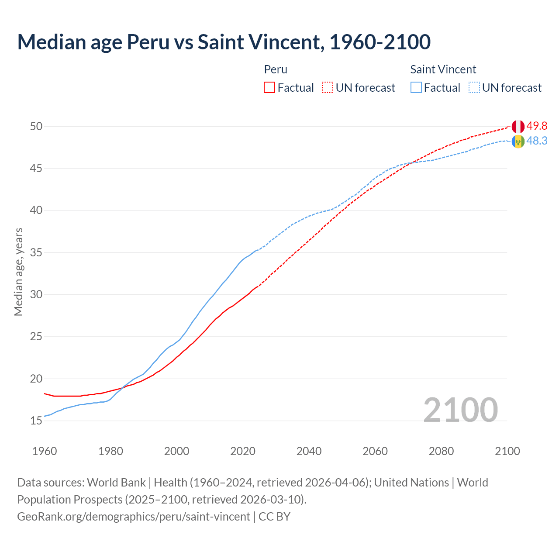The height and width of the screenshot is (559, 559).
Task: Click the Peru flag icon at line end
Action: point(518,127)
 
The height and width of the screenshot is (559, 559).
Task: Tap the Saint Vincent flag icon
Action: point(518,141)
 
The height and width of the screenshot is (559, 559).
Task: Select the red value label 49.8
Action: point(537,126)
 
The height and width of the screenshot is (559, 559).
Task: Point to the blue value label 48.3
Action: point(537,141)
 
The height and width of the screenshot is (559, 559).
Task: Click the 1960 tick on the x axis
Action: point(45,451)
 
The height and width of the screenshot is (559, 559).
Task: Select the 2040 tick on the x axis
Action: point(309,451)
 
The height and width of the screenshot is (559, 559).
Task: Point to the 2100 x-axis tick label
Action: point(507,451)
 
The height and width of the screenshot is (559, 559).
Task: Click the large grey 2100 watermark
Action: point(460,410)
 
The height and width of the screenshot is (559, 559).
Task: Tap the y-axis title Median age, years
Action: point(18,272)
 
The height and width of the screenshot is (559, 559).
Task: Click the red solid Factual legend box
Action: point(269,88)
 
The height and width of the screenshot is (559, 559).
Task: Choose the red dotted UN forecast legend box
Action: point(328,88)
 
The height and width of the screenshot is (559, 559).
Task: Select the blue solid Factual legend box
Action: point(416,88)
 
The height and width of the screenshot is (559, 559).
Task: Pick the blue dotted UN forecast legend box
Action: point(474,88)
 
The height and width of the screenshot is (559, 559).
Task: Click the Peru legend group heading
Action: point(276,69)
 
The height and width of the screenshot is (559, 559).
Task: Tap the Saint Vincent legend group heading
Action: point(443,69)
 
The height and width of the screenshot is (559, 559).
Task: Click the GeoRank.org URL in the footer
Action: point(134,517)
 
